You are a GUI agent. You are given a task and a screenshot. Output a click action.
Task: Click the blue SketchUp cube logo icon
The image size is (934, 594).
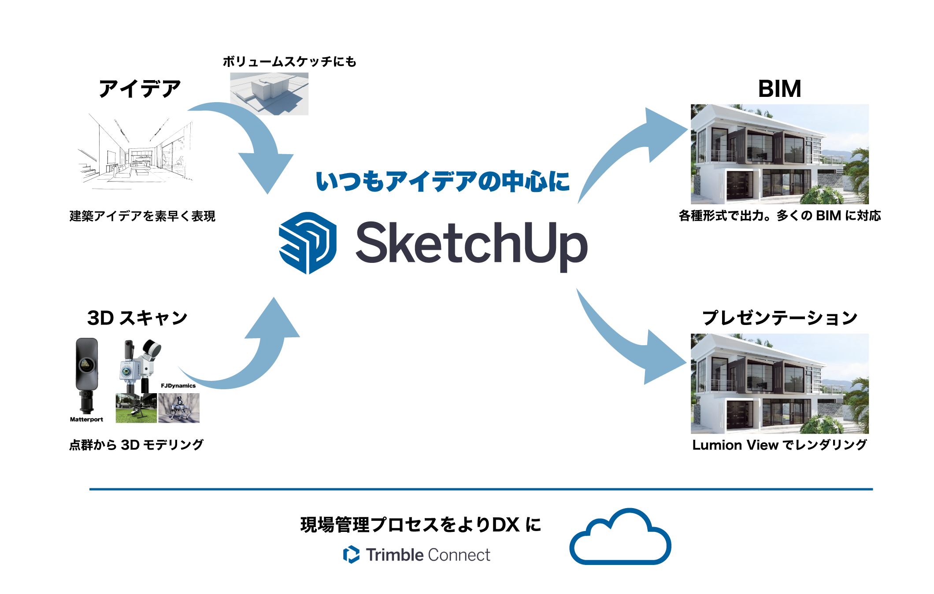coord(308,243)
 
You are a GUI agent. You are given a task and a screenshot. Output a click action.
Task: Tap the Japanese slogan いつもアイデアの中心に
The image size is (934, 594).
coord(443,181)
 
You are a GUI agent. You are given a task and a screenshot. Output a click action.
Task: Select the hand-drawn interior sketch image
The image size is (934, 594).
coord(138,153)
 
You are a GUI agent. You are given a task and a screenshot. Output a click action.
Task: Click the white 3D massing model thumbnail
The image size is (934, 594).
coord(269,94)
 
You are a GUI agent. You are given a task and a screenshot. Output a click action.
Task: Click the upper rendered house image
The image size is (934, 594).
coord(780,154)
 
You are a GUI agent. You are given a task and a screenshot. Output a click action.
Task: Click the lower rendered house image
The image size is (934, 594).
coord(780,384)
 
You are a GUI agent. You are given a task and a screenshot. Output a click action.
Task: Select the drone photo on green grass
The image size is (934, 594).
coord(136,409)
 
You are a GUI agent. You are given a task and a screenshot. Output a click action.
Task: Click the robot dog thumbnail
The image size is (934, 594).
coord(179,408)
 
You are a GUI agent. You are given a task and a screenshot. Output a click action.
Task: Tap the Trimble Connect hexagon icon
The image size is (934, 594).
coord(351,554)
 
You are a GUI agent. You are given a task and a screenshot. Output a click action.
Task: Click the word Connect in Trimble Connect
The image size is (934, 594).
coord(459,555)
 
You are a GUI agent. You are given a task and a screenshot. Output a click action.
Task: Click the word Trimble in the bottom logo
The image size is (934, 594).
coord(395,555)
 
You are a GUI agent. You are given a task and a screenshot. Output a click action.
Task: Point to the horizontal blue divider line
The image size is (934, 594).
coord(481,489)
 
